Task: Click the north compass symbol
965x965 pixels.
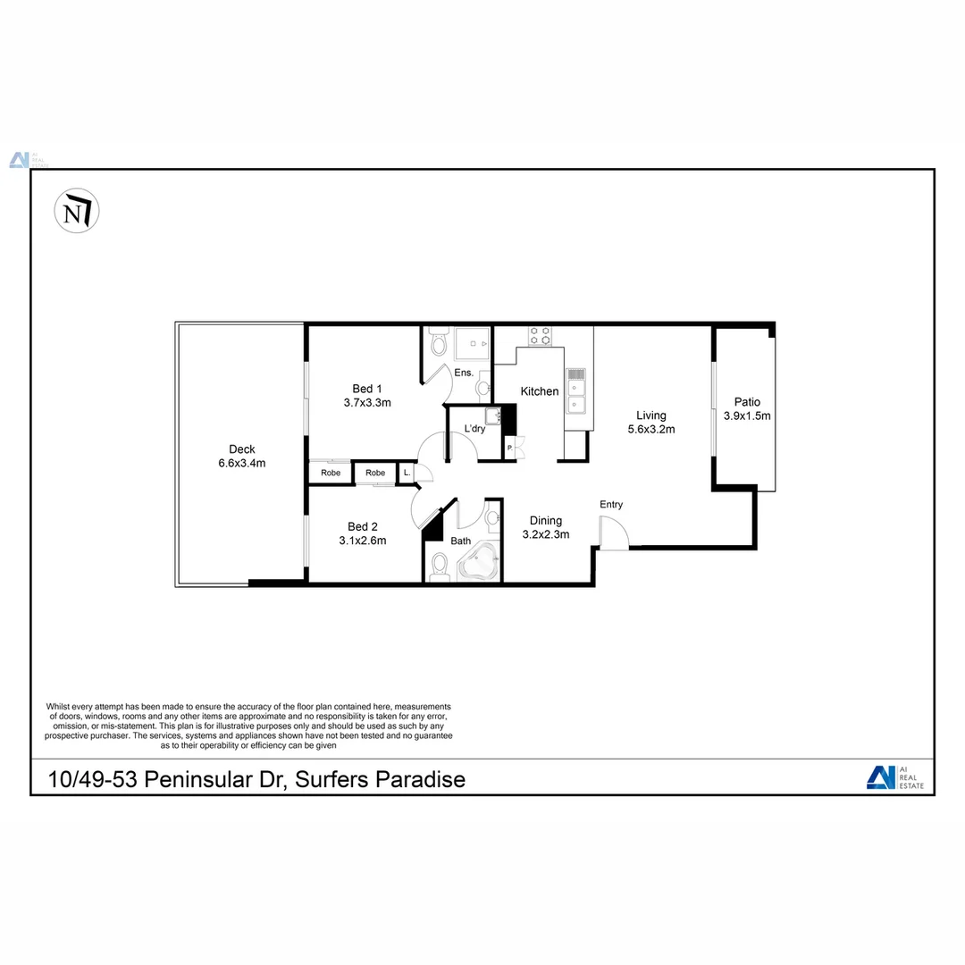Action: (x=77, y=212)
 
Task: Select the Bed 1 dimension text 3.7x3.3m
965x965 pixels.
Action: (x=367, y=403)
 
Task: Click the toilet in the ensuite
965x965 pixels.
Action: (x=438, y=342)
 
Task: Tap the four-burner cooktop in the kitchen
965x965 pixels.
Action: (x=540, y=335)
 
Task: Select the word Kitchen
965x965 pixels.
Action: (x=540, y=391)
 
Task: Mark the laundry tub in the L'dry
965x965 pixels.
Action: (x=493, y=415)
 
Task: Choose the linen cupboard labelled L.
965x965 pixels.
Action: (x=407, y=473)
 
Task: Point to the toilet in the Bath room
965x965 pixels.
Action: (x=439, y=566)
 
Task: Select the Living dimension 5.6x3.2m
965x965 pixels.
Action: (x=650, y=429)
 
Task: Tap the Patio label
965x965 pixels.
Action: (x=747, y=402)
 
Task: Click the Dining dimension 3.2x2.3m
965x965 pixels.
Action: (x=546, y=534)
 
